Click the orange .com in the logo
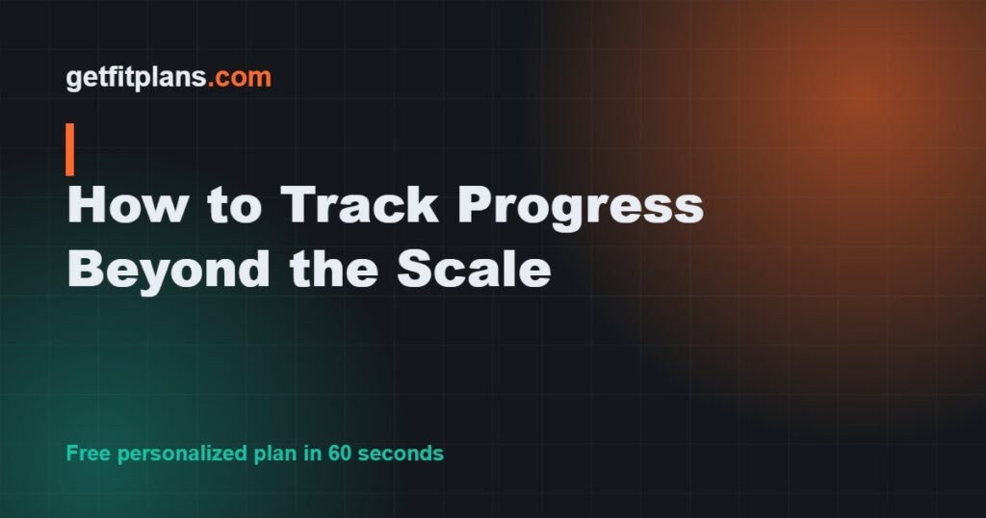240,77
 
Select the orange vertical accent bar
69,149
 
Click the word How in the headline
127,204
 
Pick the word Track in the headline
360,204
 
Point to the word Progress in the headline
581,208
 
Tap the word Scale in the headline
474,269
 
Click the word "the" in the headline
334,269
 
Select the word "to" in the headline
234,205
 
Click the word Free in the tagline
89,453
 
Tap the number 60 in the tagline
339,453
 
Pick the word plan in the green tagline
274,453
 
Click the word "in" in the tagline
313,453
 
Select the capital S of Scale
415,269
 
